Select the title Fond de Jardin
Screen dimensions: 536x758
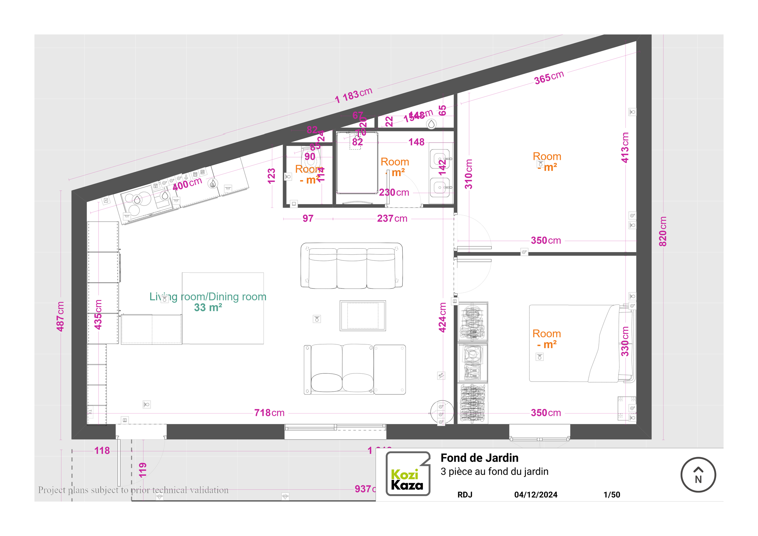[479, 458]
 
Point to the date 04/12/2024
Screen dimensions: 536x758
[535, 495]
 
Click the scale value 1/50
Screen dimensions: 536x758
[612, 495]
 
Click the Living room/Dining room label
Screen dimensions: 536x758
[208, 297]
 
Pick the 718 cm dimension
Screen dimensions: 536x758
[269, 413]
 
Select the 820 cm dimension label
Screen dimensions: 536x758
[662, 231]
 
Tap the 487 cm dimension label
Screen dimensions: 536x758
[60, 316]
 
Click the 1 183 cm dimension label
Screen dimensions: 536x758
[353, 95]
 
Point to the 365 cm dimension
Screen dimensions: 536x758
[549, 78]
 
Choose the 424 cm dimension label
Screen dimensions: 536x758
[442, 317]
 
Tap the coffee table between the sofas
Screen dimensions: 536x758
[363, 316]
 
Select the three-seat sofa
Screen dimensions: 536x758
[352, 266]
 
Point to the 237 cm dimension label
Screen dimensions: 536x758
[392, 219]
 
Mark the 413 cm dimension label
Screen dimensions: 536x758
[625, 147]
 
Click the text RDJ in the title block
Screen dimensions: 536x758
[465, 495]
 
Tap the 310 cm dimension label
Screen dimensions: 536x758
[468, 174]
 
